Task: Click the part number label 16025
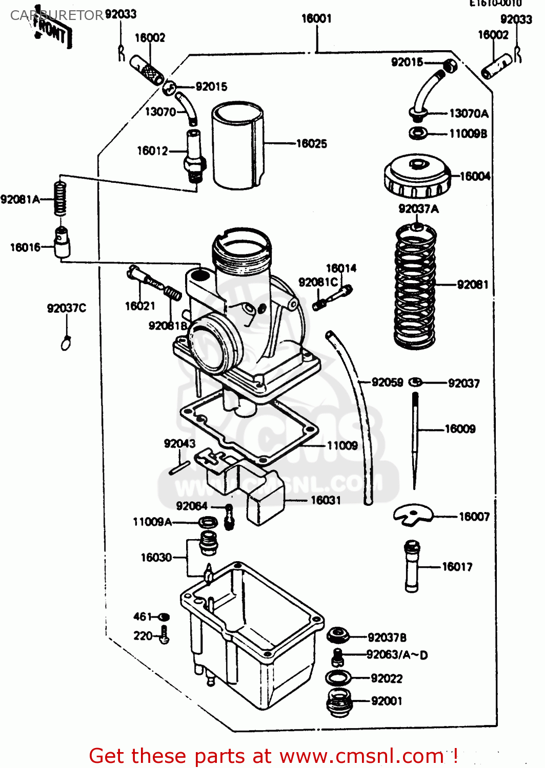pos(311,144)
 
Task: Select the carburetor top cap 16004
pos(417,177)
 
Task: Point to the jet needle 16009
pos(415,435)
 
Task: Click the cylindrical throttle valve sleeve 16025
pos(237,146)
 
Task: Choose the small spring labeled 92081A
pos(60,198)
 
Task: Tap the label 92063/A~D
pos(397,655)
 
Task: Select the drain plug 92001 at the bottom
pos(339,702)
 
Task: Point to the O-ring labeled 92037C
pos(66,344)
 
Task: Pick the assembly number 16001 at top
pos(316,19)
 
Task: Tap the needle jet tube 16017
pos(412,566)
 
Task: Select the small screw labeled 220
pos(164,635)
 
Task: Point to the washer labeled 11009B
pos(418,134)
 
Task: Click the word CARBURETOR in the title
pos(56,15)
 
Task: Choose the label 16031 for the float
pos(326,500)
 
